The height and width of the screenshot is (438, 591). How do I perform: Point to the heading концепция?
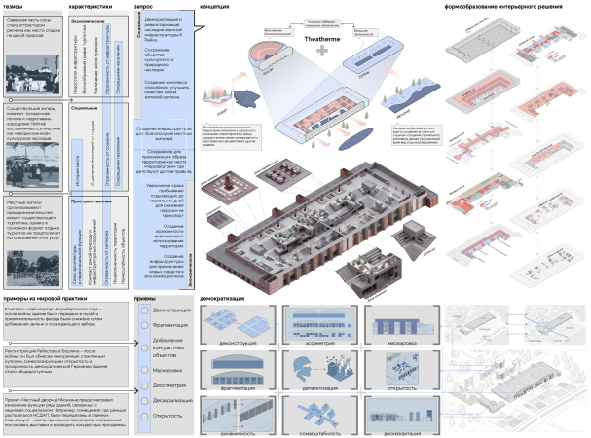coord(216,6)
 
